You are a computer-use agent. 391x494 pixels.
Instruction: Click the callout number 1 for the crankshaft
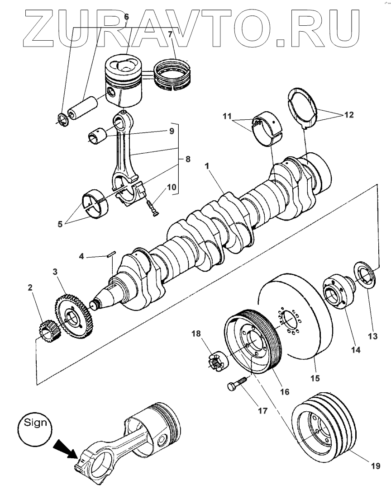pos(207,167)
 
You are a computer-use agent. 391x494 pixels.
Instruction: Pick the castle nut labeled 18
pos(215,361)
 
